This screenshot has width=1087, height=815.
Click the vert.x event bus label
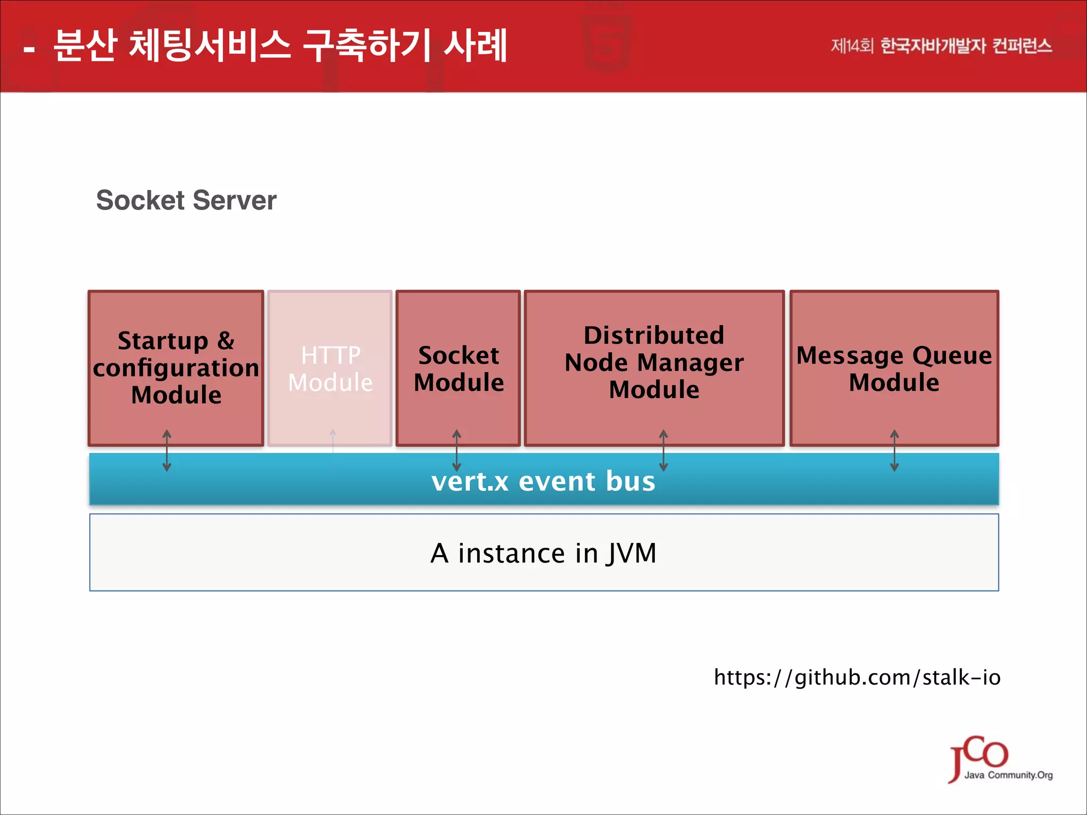point(543,481)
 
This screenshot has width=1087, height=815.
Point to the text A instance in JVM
point(543,553)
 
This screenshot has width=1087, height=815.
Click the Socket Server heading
point(186,201)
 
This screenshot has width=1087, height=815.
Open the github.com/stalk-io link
point(857,678)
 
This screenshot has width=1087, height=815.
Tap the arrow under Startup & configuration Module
point(167,450)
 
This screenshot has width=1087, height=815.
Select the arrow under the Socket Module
point(456,450)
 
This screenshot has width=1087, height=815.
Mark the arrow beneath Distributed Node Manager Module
point(663,450)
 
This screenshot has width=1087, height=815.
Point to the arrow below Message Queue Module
point(894,450)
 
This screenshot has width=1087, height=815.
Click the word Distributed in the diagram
point(654,335)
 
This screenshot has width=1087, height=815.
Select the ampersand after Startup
point(226,341)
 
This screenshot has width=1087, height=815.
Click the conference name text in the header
point(941,46)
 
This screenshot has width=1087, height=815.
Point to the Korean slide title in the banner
point(280,46)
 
